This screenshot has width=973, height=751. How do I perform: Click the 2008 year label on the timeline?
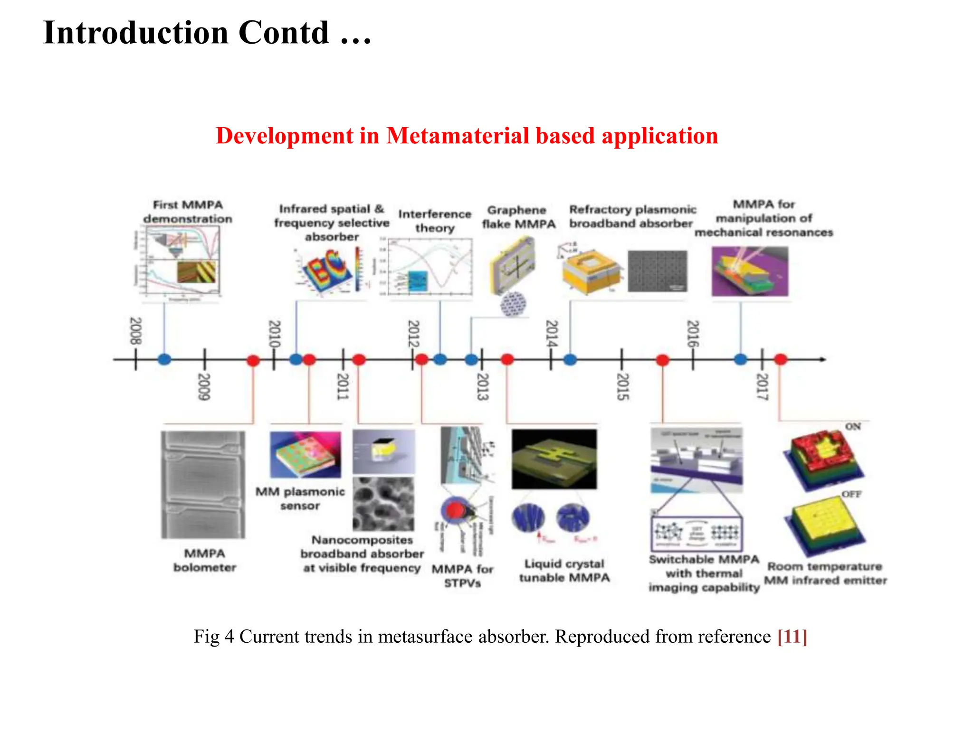pos(136,331)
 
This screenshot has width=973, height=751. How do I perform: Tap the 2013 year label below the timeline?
pos(482,386)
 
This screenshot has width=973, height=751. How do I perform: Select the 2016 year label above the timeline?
pos(693,333)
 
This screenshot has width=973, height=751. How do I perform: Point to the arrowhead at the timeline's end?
pos(823,359)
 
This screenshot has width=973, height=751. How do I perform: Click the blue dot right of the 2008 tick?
pos(164,359)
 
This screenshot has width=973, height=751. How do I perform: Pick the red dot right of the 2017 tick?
pos(781,359)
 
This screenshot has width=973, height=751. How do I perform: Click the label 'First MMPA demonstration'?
pos(188,212)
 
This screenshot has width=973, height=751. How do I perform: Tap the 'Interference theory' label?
pos(435,221)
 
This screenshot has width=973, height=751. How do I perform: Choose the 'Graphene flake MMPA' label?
pos(518,217)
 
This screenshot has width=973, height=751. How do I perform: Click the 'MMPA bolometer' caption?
pos(205,560)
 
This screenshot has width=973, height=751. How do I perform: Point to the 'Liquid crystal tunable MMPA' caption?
pos(564,570)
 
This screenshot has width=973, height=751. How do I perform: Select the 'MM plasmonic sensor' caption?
pos(300,498)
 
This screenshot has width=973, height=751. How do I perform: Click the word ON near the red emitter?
pos(853,426)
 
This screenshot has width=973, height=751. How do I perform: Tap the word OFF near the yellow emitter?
pos(851,494)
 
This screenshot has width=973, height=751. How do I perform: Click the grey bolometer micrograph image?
pos(203,484)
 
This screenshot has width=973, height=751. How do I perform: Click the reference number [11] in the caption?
pos(792,636)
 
